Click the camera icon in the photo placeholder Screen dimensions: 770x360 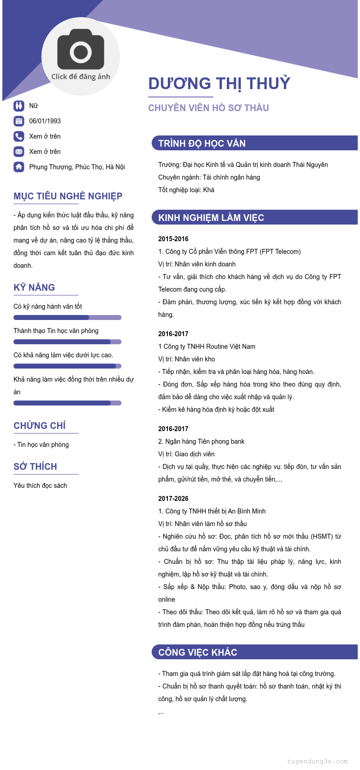click(81, 50)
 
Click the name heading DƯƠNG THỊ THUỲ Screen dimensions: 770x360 click(219, 84)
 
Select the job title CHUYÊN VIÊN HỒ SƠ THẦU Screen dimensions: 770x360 click(208, 108)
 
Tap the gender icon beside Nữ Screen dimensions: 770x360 click(19, 106)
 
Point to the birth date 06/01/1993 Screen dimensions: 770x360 click(45, 121)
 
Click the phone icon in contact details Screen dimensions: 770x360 click(19, 136)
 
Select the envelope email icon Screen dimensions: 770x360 click(19, 152)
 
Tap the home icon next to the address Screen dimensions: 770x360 click(19, 167)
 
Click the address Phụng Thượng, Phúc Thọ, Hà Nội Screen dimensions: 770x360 click(77, 167)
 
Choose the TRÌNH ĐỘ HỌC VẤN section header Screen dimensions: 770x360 click(202, 144)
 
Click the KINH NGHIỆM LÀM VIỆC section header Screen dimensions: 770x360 click(211, 218)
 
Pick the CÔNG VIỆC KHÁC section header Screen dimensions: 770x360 click(198, 653)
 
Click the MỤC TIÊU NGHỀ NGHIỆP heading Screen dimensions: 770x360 click(68, 196)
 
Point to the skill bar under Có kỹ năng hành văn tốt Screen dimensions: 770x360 click(67, 318)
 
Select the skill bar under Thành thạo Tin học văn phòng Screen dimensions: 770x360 click(67, 342)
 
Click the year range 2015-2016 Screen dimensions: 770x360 click(173, 239)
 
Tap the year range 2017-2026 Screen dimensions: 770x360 click(173, 499)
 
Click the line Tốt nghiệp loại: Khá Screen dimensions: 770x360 click(186, 190)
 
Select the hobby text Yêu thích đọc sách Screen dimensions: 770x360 click(40, 486)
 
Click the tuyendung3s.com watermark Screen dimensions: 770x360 click(317, 761)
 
